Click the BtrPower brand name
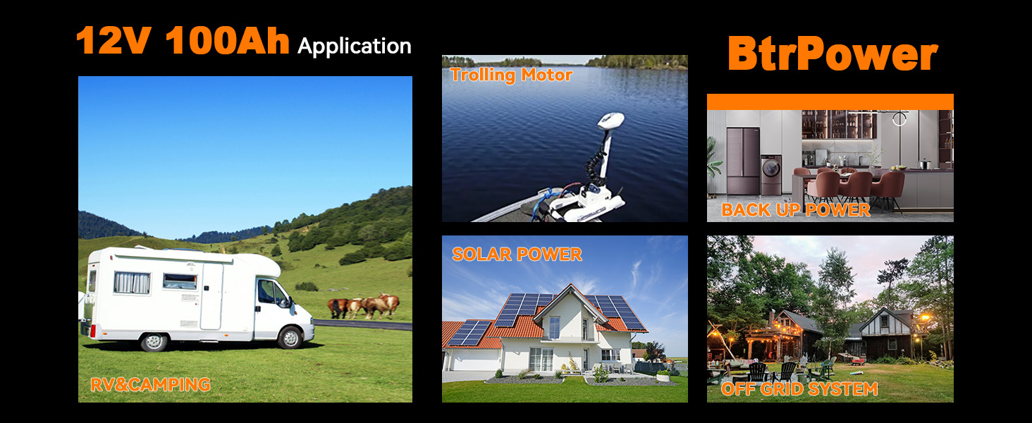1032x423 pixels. coord(833,54)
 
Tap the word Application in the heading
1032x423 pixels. coord(355,47)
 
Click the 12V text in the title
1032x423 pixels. coord(113,41)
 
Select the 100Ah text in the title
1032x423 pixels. coord(228,41)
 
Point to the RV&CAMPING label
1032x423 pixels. coord(150,385)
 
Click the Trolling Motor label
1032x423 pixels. coord(511,75)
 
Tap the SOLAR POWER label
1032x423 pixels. coord(517,255)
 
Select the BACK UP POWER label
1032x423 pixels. coord(796,209)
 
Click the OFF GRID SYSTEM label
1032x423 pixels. coord(799,389)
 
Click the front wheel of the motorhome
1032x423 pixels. coord(290,338)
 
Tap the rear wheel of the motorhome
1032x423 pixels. coord(154,341)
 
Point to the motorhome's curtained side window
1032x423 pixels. coord(133,283)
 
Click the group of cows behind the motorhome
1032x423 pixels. coord(363,306)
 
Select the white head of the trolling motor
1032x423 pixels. coord(611,121)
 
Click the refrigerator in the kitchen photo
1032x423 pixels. coord(743,161)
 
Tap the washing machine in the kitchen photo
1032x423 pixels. coord(770,175)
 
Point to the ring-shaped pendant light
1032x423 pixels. coord(899,119)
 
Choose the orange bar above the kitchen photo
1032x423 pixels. coord(830,102)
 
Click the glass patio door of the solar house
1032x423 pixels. coord(541,360)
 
